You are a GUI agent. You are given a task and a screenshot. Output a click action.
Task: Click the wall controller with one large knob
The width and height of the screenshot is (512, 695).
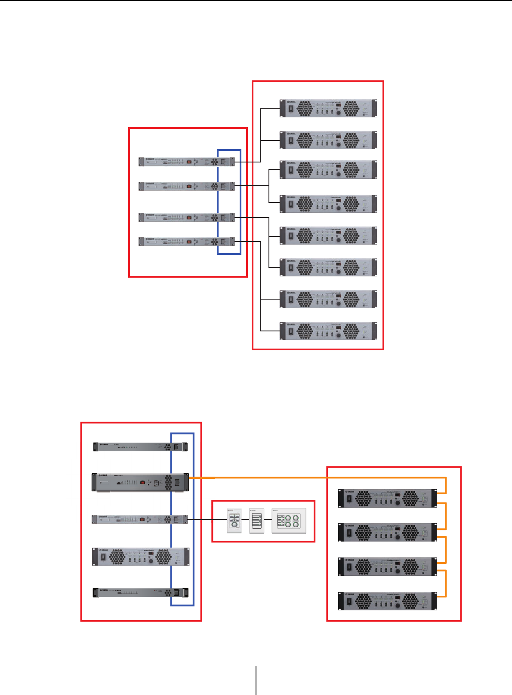pos(234,521)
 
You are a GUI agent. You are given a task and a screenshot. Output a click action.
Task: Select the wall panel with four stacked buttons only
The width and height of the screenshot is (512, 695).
pos(257,521)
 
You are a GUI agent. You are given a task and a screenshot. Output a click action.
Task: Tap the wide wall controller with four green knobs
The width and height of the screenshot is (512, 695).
pos(289,521)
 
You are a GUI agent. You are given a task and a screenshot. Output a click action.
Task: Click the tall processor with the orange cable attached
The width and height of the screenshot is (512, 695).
pos(140,482)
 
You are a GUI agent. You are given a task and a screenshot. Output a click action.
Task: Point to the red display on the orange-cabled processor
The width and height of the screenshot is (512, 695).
pos(142,483)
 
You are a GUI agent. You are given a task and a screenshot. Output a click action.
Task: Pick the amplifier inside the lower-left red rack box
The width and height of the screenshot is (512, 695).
pos(140,557)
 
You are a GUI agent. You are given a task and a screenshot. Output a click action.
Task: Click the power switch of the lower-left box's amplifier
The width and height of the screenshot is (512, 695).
pos(103,557)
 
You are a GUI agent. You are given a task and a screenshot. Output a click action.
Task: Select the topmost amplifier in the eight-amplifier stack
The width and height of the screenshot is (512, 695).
pos(328,108)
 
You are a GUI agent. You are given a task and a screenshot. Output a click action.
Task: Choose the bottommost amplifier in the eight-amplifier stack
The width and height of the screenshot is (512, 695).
pos(328,331)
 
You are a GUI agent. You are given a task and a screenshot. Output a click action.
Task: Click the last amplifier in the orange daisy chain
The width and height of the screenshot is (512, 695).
pos(388,601)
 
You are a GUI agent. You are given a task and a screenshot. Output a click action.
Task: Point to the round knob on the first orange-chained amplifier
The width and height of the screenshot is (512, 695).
pos(397,503)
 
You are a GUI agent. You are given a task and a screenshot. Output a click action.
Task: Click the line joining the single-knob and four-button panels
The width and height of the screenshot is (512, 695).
pos(245,520)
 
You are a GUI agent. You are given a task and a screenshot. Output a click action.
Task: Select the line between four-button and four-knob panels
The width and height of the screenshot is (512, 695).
pos(268,520)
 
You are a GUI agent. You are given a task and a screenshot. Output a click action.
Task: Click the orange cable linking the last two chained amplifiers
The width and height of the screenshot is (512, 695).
pos(445,583)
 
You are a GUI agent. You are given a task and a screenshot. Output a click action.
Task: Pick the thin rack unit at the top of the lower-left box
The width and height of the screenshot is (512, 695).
pos(140,447)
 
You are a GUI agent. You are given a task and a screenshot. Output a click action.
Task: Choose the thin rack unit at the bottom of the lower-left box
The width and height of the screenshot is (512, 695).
pos(140,593)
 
